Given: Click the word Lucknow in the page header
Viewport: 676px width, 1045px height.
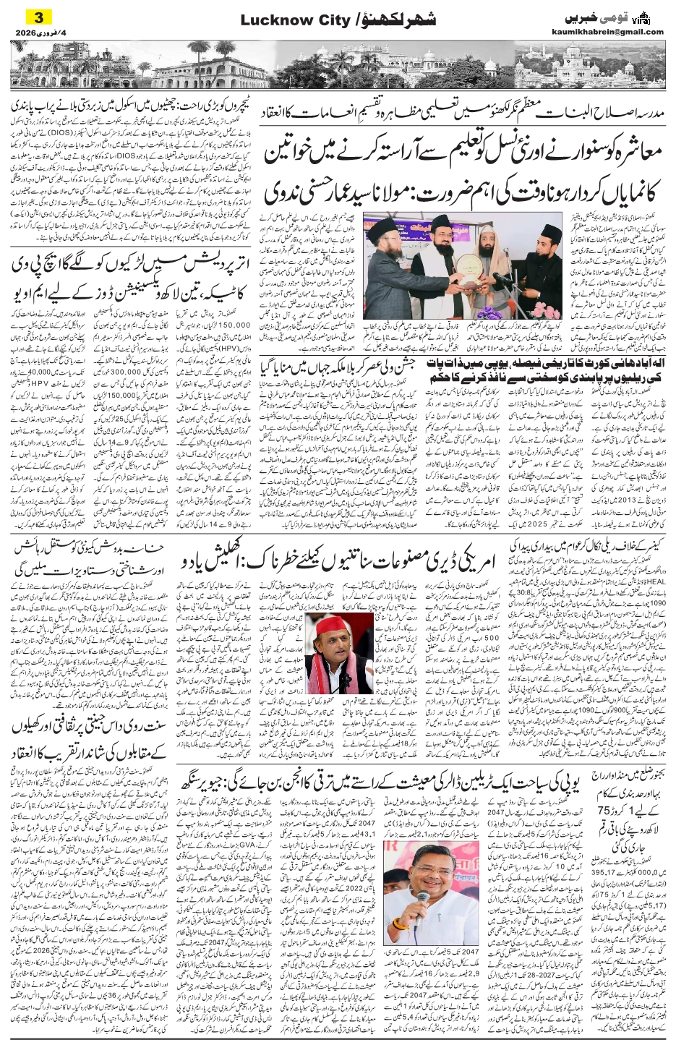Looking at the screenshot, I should [x=268, y=21].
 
